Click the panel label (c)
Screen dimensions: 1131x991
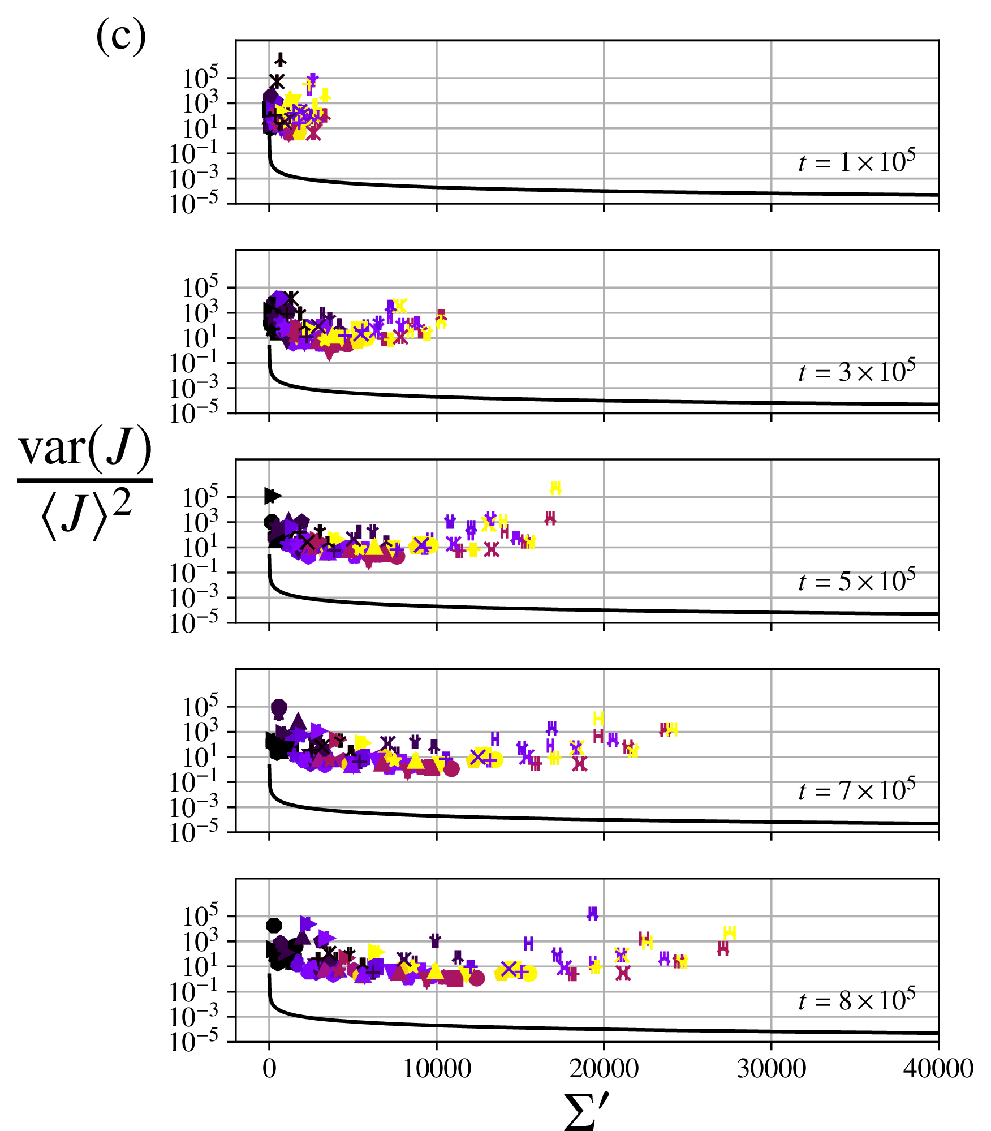120,36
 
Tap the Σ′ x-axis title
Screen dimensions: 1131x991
587,1110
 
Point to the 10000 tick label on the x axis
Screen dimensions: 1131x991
436,1069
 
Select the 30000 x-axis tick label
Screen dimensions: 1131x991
771,1069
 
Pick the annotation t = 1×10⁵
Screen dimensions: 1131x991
856,162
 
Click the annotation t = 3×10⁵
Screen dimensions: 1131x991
856,372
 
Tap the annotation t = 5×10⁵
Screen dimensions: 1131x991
856,581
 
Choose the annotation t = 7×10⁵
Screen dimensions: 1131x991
856,790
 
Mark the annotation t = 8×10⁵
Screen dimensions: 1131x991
856,1000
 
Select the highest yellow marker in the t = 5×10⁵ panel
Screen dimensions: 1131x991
555,488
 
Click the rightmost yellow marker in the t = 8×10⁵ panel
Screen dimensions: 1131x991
730,932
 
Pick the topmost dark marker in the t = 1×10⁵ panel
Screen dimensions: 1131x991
280,59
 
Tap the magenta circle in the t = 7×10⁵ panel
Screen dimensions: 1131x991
451,769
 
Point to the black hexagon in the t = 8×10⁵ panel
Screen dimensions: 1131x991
274,925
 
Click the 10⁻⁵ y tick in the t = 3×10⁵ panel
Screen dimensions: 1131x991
194,414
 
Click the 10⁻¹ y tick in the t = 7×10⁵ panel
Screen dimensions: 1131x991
194,783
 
